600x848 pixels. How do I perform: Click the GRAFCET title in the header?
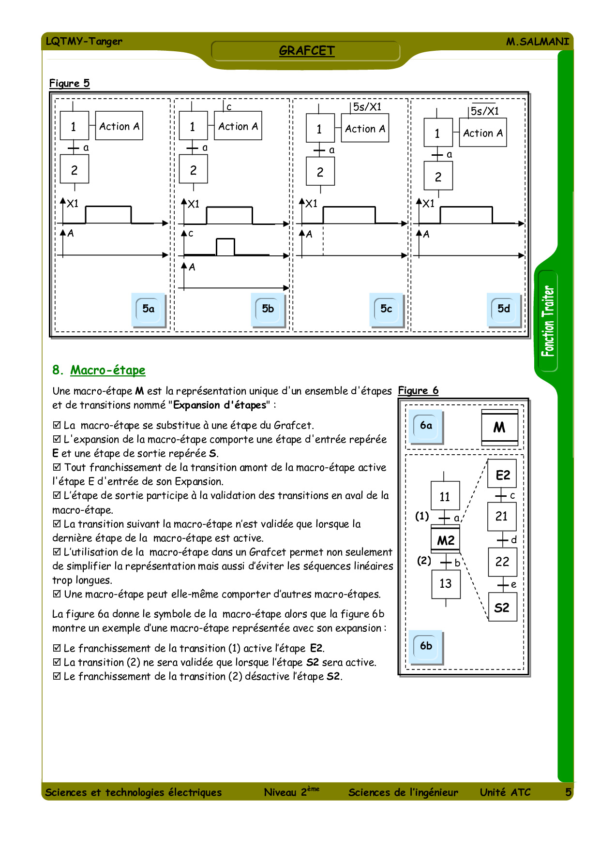[x=307, y=51]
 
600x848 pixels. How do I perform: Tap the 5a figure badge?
[x=149, y=309]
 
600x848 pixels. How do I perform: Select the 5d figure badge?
[x=504, y=309]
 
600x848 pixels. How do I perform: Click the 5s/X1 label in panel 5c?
[x=367, y=107]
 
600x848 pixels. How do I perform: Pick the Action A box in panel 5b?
[x=238, y=126]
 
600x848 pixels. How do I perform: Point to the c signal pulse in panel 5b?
[x=225, y=247]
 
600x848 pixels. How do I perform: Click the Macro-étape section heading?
[x=99, y=370]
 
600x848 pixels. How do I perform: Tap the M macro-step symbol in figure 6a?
[x=499, y=428]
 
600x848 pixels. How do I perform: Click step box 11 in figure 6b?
[x=445, y=496]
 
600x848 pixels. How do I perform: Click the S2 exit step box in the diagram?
[x=502, y=607]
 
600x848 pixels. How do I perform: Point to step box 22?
[x=502, y=562]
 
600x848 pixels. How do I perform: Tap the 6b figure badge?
[x=426, y=646]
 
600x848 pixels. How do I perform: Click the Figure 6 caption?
[x=418, y=390]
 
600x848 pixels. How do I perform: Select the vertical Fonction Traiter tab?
[x=548, y=321]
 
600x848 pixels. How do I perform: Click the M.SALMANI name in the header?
[x=538, y=42]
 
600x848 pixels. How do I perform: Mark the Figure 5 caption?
[x=70, y=83]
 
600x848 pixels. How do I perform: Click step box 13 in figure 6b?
[x=446, y=584]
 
